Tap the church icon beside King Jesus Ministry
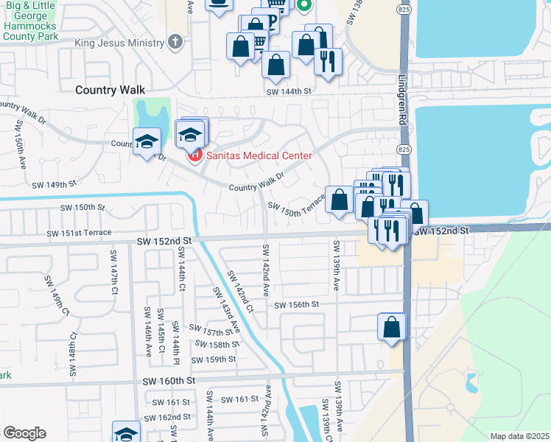click(175, 42)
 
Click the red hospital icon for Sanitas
click(194, 155)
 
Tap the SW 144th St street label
click(289, 91)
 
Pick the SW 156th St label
click(296, 304)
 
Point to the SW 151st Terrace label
click(79, 233)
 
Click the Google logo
click(24, 433)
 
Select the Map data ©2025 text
click(519, 436)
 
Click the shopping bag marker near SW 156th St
click(392, 326)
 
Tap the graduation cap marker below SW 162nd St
click(126, 432)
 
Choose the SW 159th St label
click(213, 359)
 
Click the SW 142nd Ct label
click(241, 290)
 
